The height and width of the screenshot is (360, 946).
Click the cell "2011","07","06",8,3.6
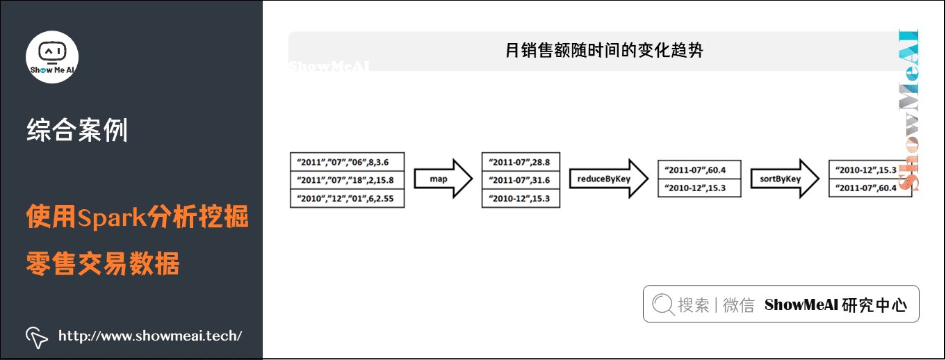point(347,162)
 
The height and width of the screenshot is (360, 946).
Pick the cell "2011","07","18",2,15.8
point(347,181)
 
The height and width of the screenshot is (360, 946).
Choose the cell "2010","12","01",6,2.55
point(347,199)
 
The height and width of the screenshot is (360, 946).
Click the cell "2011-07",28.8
point(520,162)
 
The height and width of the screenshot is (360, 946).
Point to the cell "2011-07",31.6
point(520,181)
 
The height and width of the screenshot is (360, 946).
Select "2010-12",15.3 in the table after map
point(520,199)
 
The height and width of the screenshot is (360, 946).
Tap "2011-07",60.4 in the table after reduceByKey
point(699,170)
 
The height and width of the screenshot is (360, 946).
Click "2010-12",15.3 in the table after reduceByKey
point(699,188)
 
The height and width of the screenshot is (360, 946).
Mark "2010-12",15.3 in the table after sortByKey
point(870,170)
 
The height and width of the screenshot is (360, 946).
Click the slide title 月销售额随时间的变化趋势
point(604,51)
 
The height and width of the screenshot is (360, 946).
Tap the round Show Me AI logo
point(52,57)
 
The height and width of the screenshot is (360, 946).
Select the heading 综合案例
point(77,131)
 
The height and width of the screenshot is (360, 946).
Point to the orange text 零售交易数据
point(103,264)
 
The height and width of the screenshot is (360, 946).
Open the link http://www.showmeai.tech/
point(150,336)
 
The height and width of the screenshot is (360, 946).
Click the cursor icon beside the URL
point(36,337)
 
